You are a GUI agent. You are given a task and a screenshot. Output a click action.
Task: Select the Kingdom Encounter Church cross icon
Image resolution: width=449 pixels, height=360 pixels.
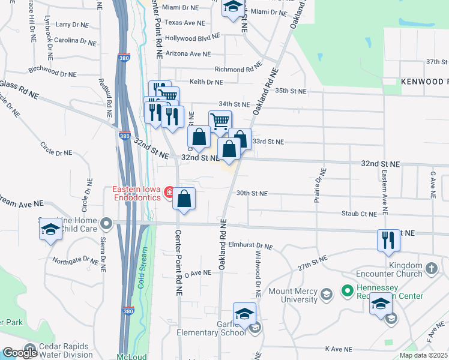coord(431,268)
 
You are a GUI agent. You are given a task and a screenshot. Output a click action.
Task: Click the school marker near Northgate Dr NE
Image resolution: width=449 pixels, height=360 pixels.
coord(50,230)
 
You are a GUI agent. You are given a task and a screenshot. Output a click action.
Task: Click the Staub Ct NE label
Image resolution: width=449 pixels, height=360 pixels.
coord(359,213)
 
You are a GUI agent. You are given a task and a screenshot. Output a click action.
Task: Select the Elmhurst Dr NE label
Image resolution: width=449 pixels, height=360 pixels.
coord(251,246)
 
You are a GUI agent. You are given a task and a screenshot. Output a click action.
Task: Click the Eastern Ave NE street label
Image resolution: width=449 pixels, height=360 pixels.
coord(384,192)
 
